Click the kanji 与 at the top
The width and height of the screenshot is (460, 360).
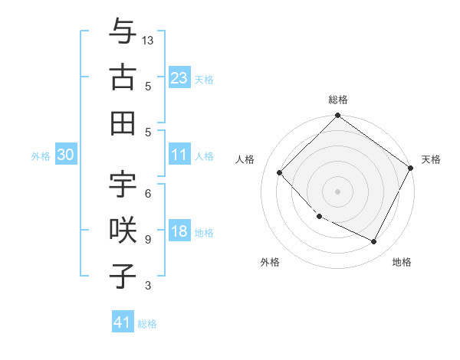pyautogui.click(x=123, y=33)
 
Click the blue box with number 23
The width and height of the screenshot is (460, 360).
pyautogui.click(x=179, y=77)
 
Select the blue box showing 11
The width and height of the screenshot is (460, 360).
pyautogui.click(x=179, y=155)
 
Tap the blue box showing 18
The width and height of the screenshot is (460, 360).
pyautogui.click(x=179, y=231)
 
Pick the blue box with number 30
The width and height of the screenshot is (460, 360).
pyautogui.click(x=66, y=155)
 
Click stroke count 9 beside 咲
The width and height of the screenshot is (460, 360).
pyautogui.click(x=147, y=240)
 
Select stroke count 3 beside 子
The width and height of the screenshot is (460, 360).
pyautogui.click(x=147, y=286)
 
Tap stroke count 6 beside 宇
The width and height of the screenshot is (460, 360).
pyautogui.click(x=147, y=194)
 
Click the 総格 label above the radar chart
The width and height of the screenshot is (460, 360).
pyautogui.click(x=338, y=100)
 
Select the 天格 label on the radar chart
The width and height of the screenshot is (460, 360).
pyautogui.click(x=431, y=159)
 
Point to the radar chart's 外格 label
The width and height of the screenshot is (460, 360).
pyautogui.click(x=270, y=262)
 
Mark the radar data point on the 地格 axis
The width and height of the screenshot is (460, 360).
pyautogui.click(x=374, y=242)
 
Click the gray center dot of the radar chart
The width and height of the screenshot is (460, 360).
pyautogui.click(x=337, y=191)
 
